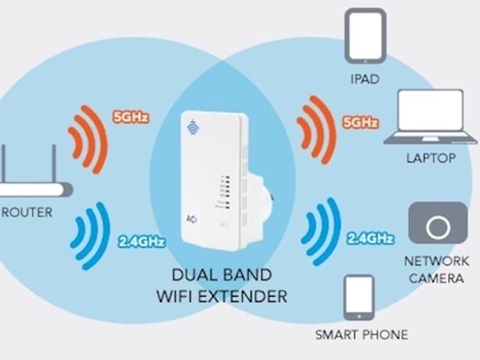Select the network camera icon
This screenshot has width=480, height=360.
click(x=438, y=226)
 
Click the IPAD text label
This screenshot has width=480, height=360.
click(x=364, y=79)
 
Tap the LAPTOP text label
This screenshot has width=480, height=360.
click(x=430, y=158)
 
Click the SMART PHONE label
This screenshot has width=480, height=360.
click(x=361, y=335)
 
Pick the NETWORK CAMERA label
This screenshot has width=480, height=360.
click(x=437, y=269)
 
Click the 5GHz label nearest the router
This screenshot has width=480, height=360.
click(x=130, y=118)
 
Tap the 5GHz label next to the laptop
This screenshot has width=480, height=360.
click(x=360, y=123)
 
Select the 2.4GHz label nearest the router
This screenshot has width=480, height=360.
click(x=141, y=242)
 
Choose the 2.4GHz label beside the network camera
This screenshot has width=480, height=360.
click(x=368, y=238)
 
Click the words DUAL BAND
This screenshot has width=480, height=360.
click(x=222, y=276)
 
